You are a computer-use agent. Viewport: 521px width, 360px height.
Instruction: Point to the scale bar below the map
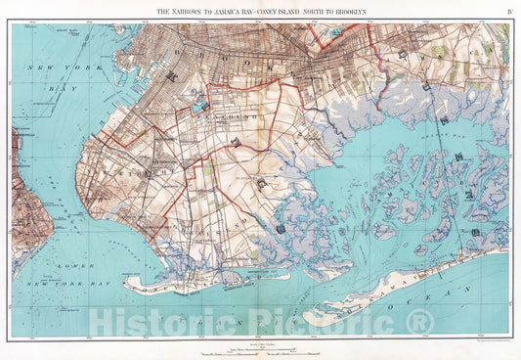click(260, 347)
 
